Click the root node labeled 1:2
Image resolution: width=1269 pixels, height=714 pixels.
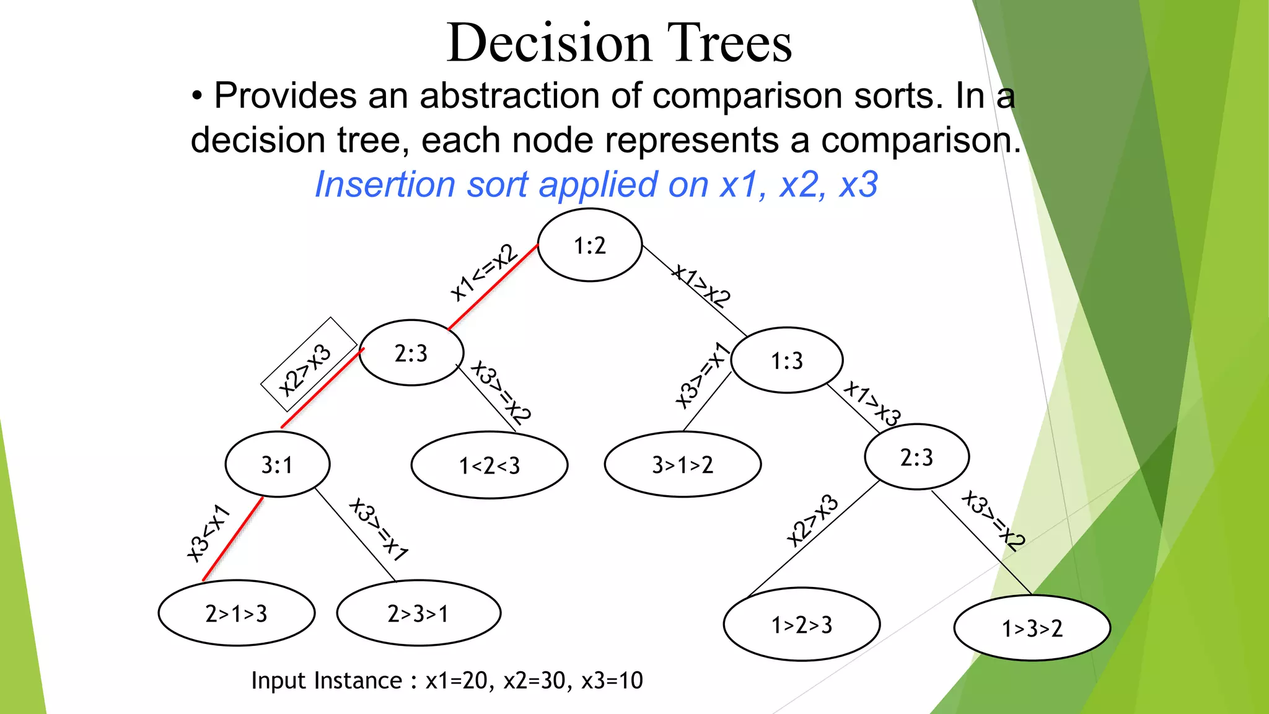click(589, 245)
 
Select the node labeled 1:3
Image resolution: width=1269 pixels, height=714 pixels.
click(786, 360)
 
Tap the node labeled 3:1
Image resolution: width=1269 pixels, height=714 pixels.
click(277, 464)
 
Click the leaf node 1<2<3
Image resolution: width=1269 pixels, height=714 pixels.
click(490, 465)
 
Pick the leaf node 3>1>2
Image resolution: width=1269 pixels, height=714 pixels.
click(682, 464)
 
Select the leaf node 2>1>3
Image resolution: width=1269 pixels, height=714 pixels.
click(236, 613)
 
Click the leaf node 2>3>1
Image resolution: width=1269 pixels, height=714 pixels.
click(418, 613)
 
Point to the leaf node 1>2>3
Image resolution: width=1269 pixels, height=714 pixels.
click(801, 624)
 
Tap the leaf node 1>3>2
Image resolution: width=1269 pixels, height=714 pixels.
click(1032, 628)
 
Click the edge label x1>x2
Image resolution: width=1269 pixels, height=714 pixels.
click(702, 286)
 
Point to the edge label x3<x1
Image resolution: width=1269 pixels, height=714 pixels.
click(209, 533)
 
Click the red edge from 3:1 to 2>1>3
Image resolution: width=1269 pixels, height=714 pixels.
click(233, 539)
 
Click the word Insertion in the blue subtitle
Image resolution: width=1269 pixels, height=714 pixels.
click(385, 185)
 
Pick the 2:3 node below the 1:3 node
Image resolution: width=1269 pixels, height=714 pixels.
click(916, 457)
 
